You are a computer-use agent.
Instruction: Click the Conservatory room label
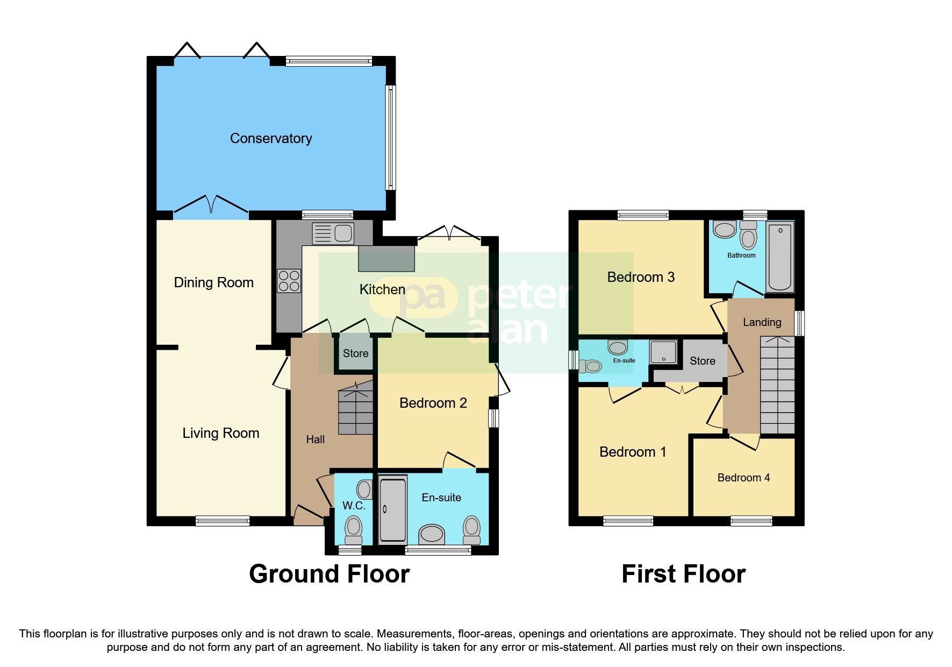point(271,138)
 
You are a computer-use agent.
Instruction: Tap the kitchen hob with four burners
point(289,281)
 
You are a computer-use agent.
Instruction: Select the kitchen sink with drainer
point(333,233)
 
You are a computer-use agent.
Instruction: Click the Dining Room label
point(213,282)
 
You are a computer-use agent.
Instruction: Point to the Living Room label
point(220,433)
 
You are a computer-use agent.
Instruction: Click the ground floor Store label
point(355,353)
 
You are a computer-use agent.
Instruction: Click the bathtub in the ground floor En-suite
point(392,509)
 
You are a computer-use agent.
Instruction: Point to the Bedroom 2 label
point(433,403)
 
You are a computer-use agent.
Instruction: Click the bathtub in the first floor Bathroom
point(780,257)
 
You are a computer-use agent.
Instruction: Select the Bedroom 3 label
point(640,277)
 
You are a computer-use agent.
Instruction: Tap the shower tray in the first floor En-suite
point(663,352)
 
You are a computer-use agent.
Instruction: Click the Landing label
point(762,322)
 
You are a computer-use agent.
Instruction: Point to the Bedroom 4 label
point(743,478)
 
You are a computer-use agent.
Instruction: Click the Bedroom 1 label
point(632,452)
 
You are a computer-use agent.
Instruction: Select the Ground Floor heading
point(329,574)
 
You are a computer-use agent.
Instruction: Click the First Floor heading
point(683,574)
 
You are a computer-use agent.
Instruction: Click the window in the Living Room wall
point(223,520)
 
